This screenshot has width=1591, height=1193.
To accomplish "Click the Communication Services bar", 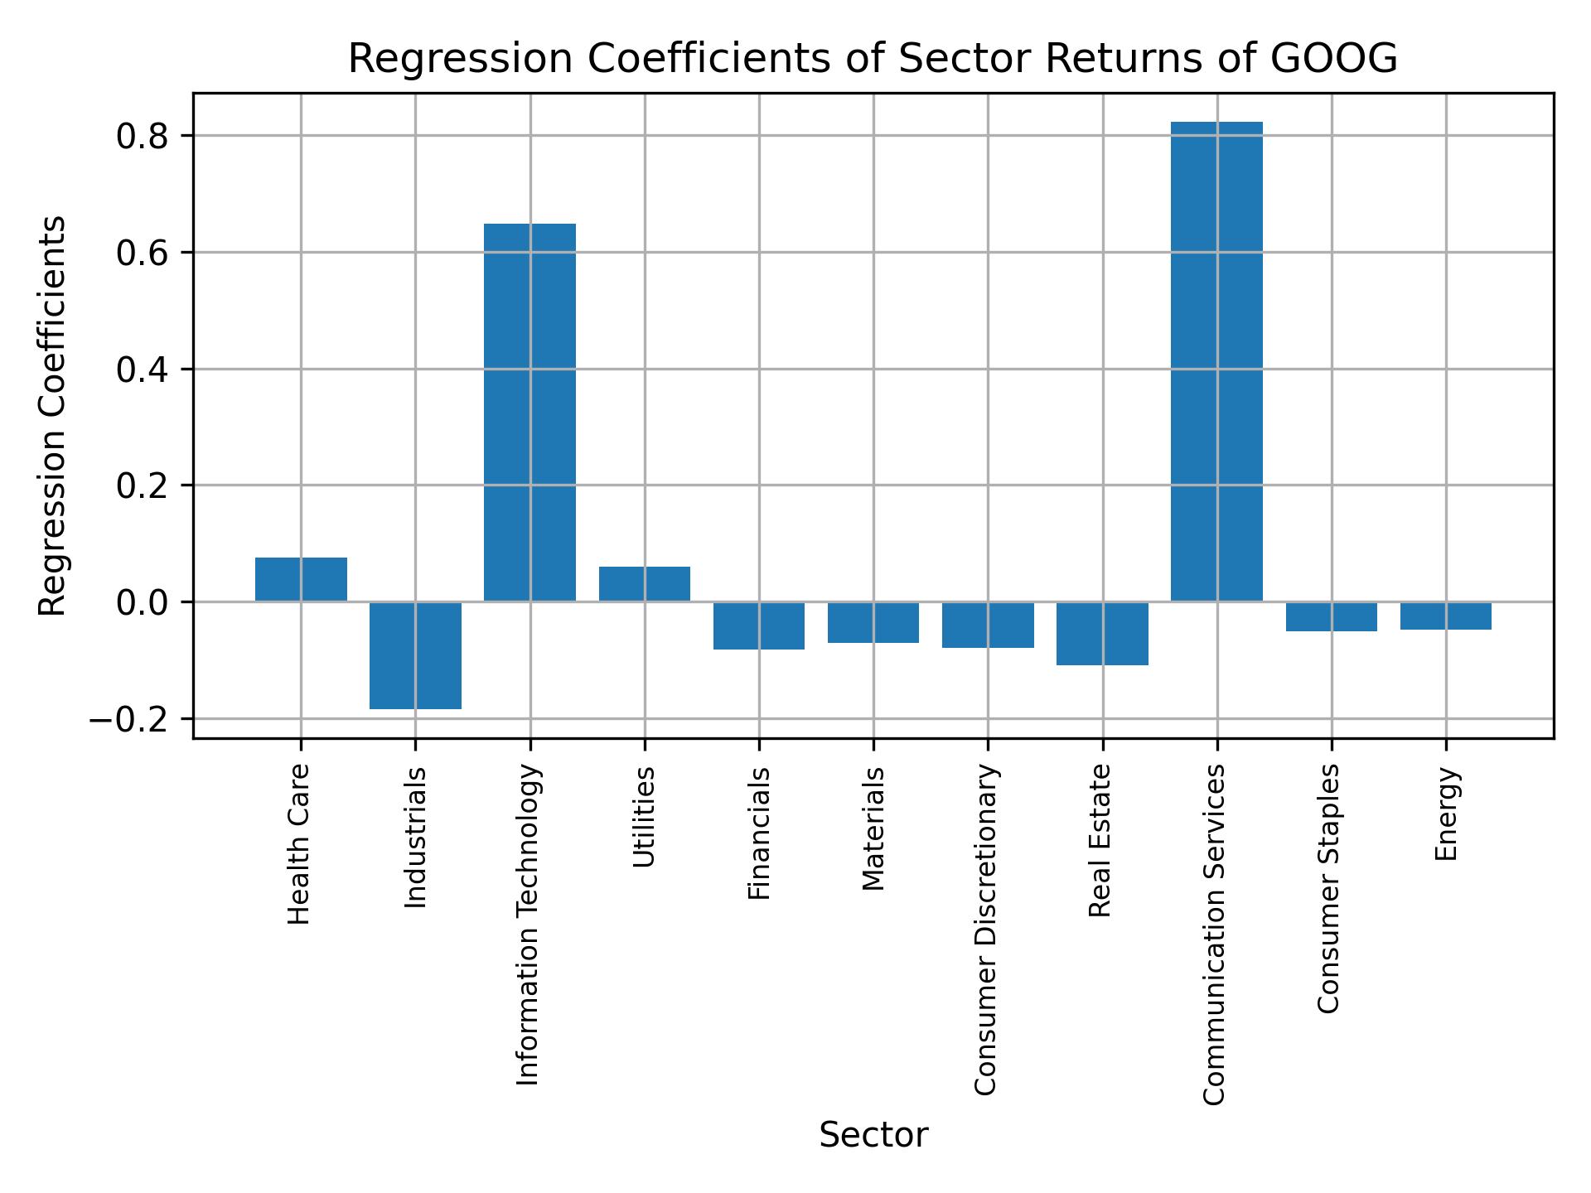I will pos(1216,361).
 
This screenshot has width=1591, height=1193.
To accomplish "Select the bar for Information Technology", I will pos(530,412).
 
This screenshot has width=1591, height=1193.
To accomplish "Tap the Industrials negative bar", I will pos(415,654).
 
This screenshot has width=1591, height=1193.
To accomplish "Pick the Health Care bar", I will pos(301,579).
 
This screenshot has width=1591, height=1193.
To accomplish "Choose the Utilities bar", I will pos(644,584).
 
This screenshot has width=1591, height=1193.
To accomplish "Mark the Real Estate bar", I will pos(1102,633).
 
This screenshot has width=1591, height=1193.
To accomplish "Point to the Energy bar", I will pos(1445,616).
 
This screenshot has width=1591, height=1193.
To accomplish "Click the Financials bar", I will pos(758,625).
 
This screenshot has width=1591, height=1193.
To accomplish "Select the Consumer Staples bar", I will pos(1331,616).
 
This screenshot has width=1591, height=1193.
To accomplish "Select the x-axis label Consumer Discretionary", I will pos(985,930).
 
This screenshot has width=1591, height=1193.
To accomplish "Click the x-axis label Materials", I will pos(873,828).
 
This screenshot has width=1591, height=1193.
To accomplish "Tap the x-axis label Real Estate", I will pos(1100,841).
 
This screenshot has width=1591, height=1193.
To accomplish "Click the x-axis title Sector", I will pos(873,1135).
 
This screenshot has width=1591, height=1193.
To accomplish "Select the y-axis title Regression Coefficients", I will pos(53,416).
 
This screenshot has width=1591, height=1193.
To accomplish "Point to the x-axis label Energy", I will pos(1446,814).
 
